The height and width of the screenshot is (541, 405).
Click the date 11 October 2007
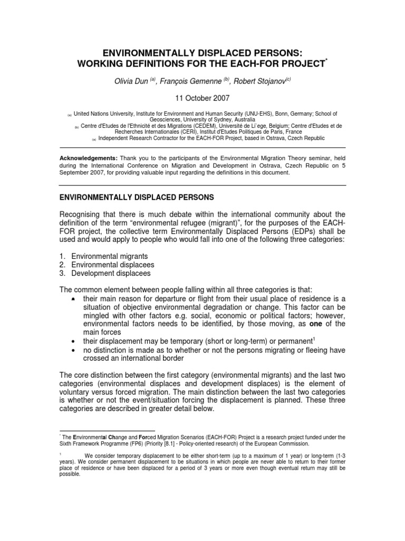[203, 98]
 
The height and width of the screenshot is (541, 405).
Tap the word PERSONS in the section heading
[184, 197]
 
